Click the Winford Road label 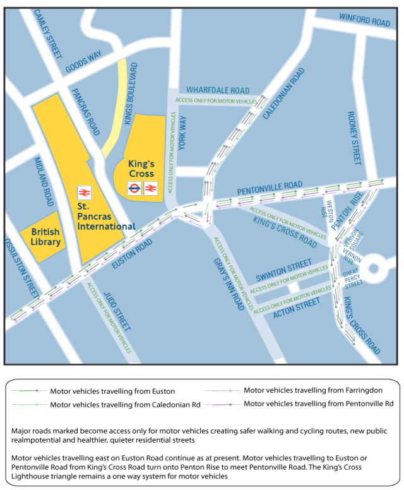click(365, 21)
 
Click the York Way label click(183, 133)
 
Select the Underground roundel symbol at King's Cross click(134, 188)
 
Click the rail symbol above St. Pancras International click(83, 191)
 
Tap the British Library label click(46, 237)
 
